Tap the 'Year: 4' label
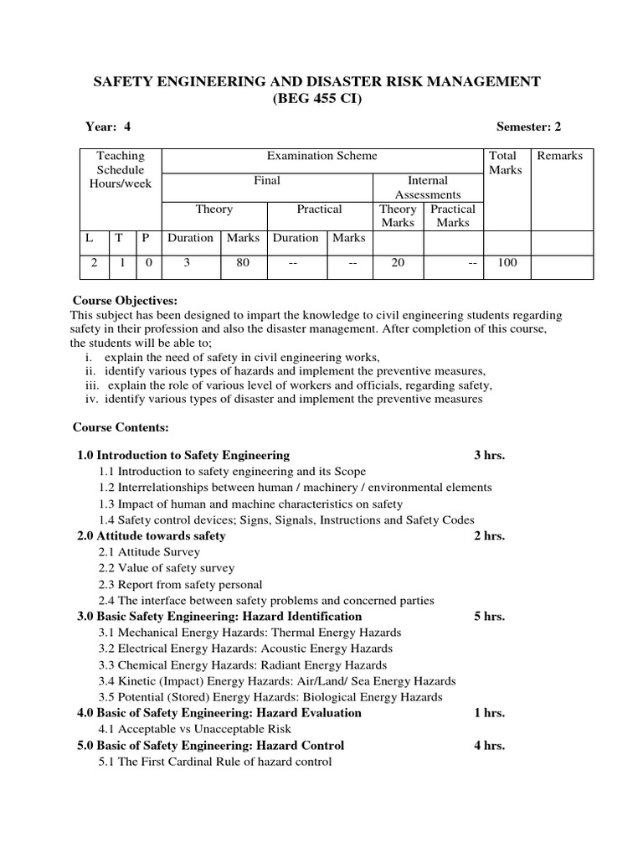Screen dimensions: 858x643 [x=108, y=127]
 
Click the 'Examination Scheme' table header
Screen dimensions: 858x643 [x=321, y=156]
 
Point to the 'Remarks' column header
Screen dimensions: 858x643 [x=559, y=156]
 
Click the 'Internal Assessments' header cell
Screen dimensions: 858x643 [x=427, y=188]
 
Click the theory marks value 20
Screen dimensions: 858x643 [x=398, y=262]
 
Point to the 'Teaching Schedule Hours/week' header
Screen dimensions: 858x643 [x=121, y=169]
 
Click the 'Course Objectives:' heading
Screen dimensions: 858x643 [x=125, y=301]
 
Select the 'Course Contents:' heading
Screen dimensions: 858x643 [x=121, y=427]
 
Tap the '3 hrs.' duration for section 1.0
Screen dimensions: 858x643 [x=489, y=455]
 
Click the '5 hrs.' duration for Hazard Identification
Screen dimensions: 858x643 [x=489, y=616]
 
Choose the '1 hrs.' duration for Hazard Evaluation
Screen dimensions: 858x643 [x=489, y=713]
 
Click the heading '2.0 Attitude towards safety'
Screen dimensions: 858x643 [x=151, y=535]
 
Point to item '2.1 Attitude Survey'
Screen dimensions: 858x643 [x=149, y=552]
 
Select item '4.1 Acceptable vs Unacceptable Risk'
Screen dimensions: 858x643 [x=195, y=729]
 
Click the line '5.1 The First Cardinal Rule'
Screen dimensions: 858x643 [x=215, y=762]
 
